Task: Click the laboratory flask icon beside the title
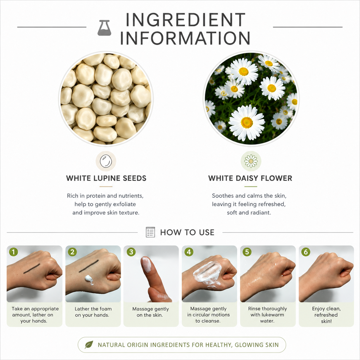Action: point(104,28)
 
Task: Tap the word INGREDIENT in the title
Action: point(185,20)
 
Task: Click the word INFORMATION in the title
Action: point(185,38)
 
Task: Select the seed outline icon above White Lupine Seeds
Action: point(106,161)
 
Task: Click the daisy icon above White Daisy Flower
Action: point(251,161)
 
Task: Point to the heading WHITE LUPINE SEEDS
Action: point(106,178)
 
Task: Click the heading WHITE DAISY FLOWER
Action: point(250,178)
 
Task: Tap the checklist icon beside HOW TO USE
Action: point(150,232)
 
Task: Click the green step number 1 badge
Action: point(13,252)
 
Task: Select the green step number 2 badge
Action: point(72,252)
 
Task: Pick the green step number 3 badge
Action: point(131,252)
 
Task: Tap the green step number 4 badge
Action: point(189,252)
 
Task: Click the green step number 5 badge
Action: point(247,252)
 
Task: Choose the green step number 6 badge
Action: point(306,252)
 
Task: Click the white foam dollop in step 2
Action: point(89,280)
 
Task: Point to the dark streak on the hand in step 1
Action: point(32,268)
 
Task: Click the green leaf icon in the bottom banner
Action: point(89,345)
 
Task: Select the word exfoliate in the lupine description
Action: point(124,204)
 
